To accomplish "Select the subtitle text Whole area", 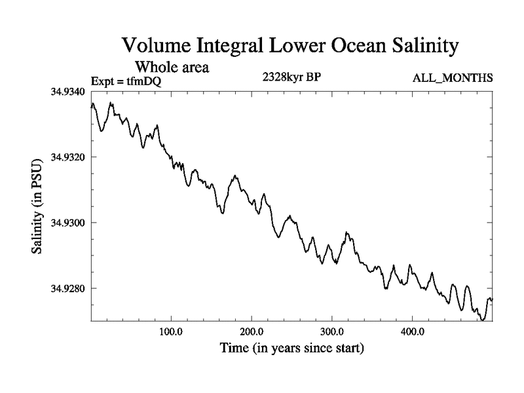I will (x=172, y=66).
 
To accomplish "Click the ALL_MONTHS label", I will (x=452, y=79).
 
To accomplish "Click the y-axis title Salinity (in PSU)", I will (x=39, y=206).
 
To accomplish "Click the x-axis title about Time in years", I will (x=291, y=347).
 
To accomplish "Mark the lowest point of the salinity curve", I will (x=482, y=320).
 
